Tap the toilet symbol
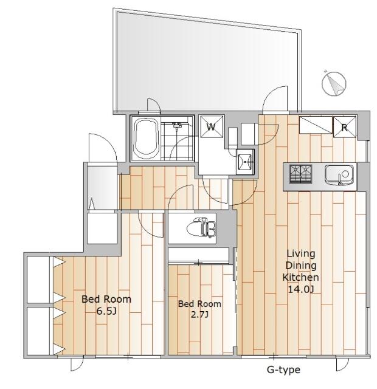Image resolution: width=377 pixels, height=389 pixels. [201, 228]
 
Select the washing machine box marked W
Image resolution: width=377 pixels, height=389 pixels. [212, 126]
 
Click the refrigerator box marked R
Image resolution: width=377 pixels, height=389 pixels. [344, 127]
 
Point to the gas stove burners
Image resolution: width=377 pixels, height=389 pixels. [300, 174]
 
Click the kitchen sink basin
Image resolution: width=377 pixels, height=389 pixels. [339, 175]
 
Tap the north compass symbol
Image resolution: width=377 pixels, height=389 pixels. [334, 84]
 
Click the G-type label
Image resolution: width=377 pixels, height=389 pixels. [283, 370]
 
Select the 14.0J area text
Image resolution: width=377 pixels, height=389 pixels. [301, 289]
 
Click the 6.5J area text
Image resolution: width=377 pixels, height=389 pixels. [106, 311]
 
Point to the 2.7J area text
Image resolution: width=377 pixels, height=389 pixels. [199, 315]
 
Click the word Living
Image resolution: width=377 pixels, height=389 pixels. [301, 254]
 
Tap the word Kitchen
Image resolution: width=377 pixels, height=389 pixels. [301, 277]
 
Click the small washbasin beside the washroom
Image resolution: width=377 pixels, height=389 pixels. [245, 162]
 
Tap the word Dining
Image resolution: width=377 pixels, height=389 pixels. [301, 266]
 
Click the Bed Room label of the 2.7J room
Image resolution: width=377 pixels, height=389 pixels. [199, 304]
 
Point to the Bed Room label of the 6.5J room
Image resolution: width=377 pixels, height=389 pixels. [106, 299]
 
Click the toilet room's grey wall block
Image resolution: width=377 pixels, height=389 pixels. [226, 227]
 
